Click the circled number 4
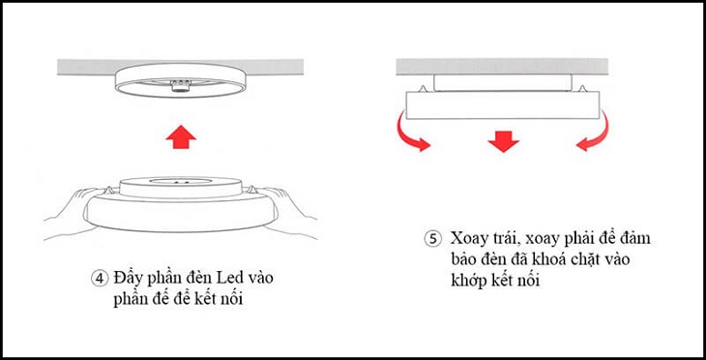101,278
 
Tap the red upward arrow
178,136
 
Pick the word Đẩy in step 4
130,278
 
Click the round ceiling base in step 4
178,81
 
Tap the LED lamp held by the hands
179,199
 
